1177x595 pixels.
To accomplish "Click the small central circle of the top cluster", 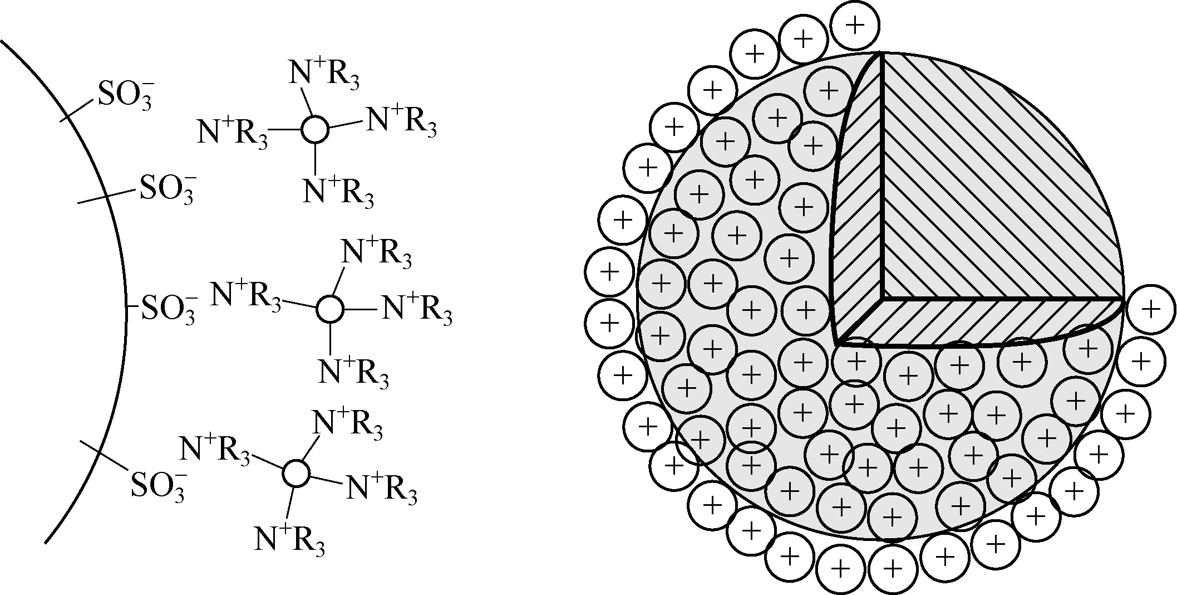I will (x=314, y=130).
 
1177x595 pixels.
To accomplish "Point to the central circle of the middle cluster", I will (x=329, y=309).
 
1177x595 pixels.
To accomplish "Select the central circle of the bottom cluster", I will (x=296, y=474).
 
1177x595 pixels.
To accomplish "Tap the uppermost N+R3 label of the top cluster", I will (x=323, y=76).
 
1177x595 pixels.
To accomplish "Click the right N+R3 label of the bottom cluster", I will (x=381, y=489).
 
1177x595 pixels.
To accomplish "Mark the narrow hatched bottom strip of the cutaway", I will (x=979, y=323).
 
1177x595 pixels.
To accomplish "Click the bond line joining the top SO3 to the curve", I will (x=78, y=110).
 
